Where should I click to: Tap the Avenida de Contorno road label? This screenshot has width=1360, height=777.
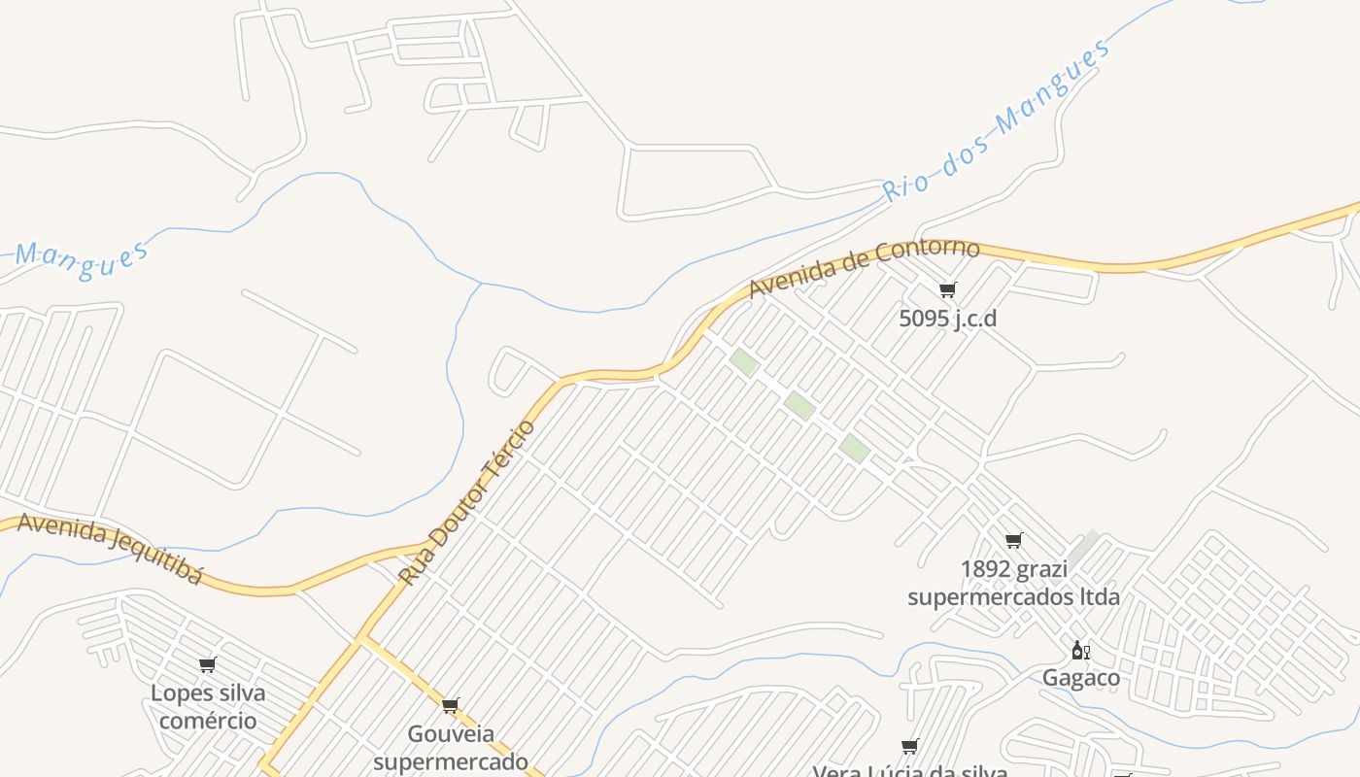864,267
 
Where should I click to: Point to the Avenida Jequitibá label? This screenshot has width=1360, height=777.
110,548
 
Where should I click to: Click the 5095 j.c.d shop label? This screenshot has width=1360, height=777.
947,319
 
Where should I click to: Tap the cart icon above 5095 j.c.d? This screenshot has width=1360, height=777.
947,289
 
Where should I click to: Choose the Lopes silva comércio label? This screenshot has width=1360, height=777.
208,707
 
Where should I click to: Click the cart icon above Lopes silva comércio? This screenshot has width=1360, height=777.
207,665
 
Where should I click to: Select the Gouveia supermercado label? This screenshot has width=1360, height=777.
451,747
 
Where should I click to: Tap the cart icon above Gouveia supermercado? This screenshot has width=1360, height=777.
450,706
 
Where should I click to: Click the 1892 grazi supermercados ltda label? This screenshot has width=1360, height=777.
1013,583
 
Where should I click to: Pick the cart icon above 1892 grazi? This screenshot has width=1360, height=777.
1013,540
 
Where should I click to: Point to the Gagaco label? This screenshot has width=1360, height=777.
1080,677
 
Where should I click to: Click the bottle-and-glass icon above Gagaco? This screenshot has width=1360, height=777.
1080,651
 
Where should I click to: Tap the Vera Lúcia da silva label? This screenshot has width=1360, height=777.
909,771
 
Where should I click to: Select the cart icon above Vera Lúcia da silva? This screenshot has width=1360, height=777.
909,747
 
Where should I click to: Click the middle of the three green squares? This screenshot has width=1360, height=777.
799,406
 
